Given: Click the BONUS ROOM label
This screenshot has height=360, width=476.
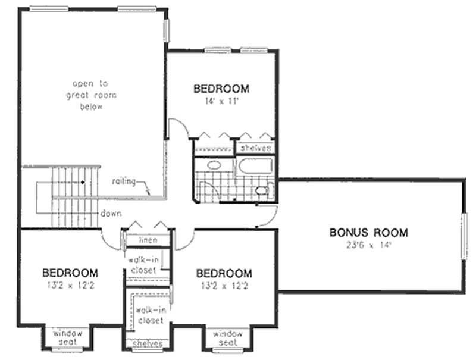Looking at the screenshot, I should click(x=369, y=232).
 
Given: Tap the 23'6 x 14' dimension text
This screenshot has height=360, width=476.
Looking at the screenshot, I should click(x=369, y=244).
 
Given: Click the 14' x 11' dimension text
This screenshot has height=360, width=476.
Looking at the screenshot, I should click(x=221, y=101).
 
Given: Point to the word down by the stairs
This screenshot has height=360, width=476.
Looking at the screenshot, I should click(x=111, y=213).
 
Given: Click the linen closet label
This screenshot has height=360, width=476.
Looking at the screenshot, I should click(x=148, y=240).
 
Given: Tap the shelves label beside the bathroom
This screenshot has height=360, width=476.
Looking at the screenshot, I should click(x=256, y=148).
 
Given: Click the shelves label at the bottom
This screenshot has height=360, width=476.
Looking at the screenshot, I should click(x=147, y=344).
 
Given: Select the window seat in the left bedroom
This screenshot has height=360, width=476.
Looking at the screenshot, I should click(x=70, y=337).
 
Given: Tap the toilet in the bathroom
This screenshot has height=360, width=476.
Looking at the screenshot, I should click(x=262, y=190).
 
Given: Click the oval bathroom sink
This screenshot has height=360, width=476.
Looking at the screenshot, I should click(x=212, y=165).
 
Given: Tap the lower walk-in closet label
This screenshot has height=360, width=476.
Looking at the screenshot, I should click(x=149, y=315).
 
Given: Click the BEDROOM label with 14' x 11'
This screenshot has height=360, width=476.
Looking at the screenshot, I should click(x=221, y=89).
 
